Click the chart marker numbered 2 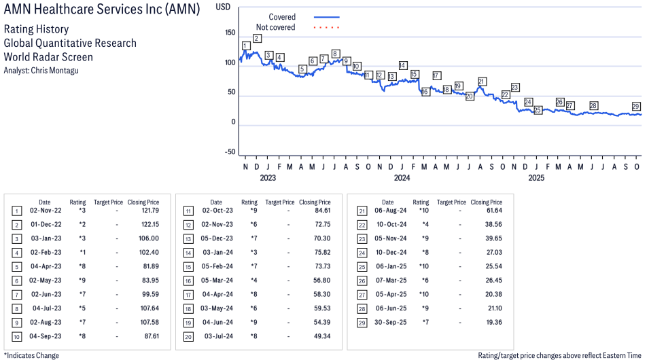point(257,38)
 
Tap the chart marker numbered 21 point(482,82)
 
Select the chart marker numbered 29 point(636,106)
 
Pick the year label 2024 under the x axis point(402,178)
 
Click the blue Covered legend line point(326,17)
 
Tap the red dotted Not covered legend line point(326,28)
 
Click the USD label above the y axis point(223,5)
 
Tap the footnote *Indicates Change point(31,355)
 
